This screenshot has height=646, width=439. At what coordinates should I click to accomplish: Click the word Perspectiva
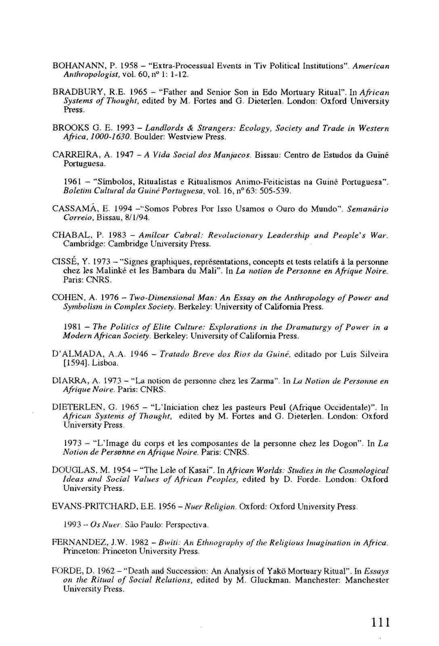tap(189, 525)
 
